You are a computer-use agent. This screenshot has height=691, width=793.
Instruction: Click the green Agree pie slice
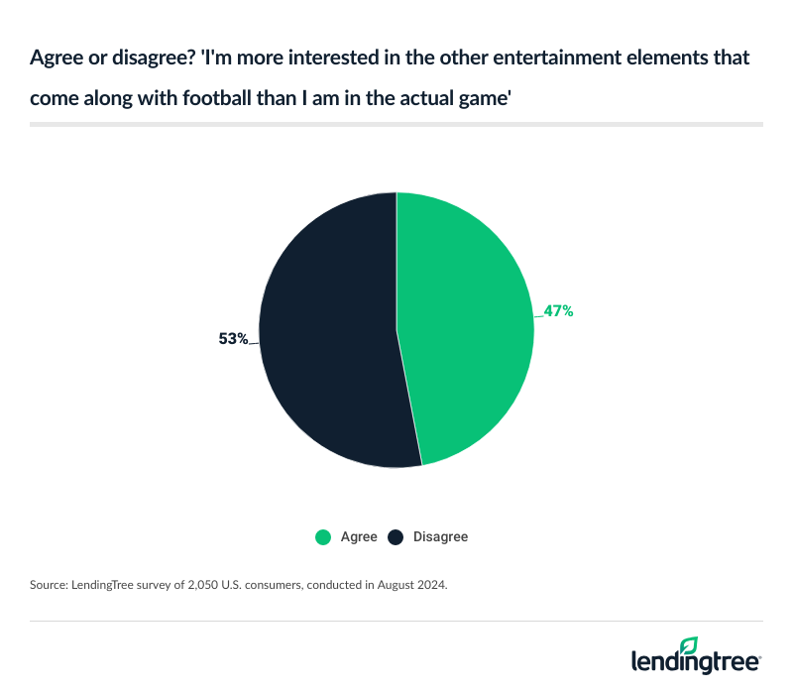466,327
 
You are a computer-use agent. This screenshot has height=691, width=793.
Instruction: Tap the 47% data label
558,310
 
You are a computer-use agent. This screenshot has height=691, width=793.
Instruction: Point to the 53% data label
233,338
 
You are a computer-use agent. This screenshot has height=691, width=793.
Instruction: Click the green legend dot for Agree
323,536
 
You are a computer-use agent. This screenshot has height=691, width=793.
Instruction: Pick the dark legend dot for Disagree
396,536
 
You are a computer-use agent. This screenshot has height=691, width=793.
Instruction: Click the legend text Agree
359,536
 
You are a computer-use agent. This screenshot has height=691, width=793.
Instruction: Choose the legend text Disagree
441,536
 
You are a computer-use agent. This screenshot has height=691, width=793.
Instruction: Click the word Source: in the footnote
49,586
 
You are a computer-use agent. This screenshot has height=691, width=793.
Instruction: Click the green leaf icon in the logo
689,645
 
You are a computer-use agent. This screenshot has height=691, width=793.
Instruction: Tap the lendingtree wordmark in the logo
696,662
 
